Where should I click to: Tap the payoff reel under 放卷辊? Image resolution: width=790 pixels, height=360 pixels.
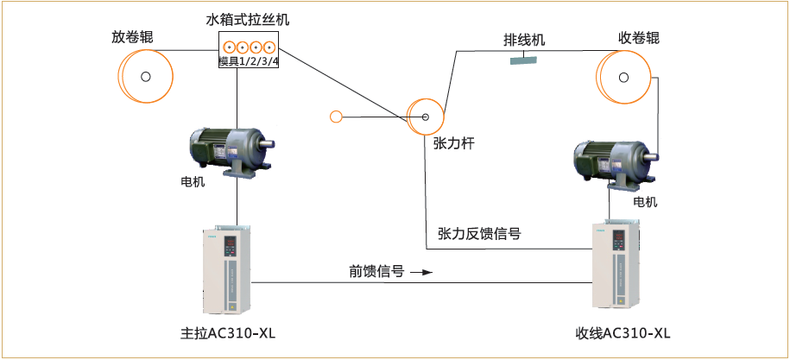tap(144, 77)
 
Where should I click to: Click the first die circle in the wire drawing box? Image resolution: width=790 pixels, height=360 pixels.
tap(229, 47)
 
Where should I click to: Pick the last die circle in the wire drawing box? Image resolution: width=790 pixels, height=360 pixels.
tap(270, 47)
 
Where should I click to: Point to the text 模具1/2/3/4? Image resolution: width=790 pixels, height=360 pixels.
tap(249, 61)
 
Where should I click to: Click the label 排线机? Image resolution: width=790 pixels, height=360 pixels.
tap(524, 41)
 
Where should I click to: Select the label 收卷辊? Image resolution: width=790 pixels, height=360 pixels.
tap(639, 38)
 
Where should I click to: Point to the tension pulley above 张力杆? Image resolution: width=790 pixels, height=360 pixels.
tap(426, 117)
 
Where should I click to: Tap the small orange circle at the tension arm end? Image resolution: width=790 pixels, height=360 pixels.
tap(337, 117)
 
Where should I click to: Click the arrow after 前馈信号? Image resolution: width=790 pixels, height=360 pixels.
tap(420, 273)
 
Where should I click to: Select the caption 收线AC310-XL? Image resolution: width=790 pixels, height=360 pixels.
tap(623, 334)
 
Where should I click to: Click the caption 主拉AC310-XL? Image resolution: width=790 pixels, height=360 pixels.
tap(227, 334)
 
